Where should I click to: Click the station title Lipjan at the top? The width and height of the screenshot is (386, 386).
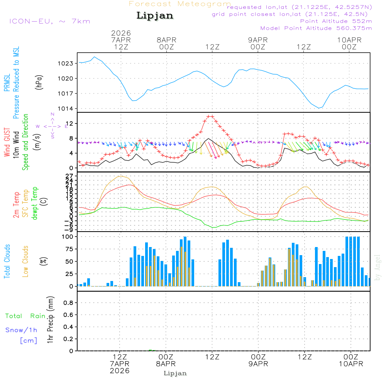click(x=155, y=16)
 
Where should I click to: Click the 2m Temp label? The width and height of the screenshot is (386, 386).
click(x=16, y=205)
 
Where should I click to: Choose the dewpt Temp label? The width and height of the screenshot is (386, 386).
click(x=35, y=203)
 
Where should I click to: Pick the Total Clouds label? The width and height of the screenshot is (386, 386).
click(x=7, y=261)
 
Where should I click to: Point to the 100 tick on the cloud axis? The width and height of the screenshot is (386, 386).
click(x=68, y=236)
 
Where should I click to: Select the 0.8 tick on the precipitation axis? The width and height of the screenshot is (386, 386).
click(x=68, y=303)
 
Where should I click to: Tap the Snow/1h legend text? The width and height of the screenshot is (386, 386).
click(x=22, y=330)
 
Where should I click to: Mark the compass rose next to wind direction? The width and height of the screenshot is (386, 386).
click(x=52, y=126)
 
